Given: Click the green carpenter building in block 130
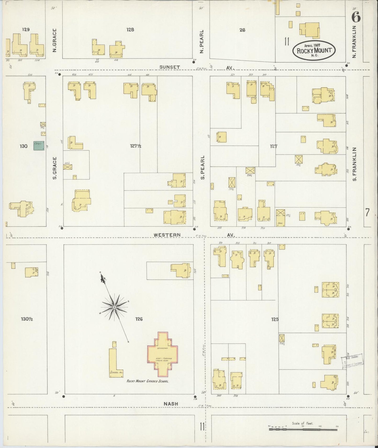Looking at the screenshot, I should [39, 146].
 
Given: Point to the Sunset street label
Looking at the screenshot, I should [170, 67].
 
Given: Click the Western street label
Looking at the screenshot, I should [167, 235].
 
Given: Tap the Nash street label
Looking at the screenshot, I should [171, 404].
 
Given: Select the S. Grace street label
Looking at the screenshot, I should [55, 168].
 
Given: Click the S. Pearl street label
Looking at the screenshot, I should [202, 167].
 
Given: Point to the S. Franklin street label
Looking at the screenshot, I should [354, 164].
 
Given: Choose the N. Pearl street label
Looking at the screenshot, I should [201, 42].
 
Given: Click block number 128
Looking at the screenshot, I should [130, 30].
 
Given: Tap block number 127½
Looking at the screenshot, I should [136, 146].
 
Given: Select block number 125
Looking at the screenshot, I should [275, 319].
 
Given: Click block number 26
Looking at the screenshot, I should [242, 30].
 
